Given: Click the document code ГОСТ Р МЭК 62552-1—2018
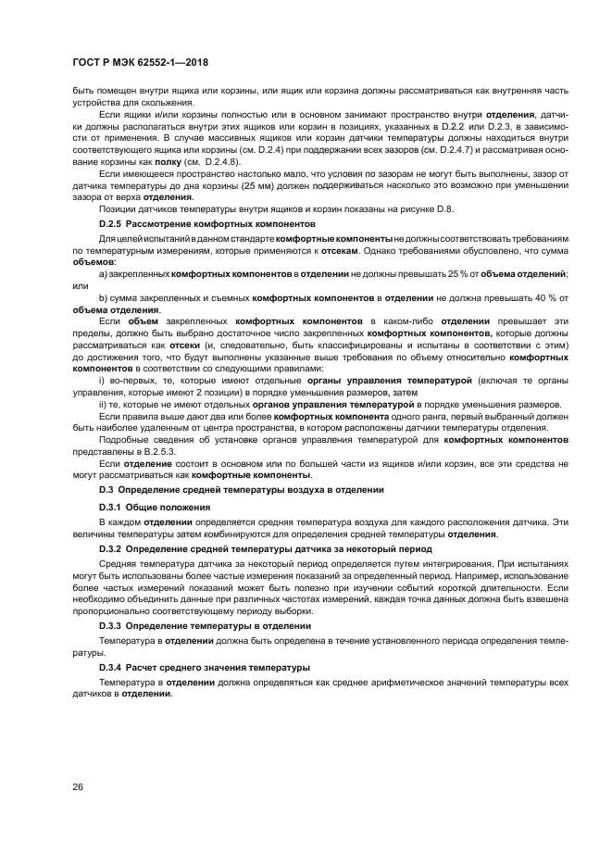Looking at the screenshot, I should pos(139,62).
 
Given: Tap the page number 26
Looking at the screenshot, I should pos(78,787).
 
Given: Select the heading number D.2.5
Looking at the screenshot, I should pos(112,225).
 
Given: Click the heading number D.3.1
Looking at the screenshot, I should pos(111,508).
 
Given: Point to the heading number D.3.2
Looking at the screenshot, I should pos(111,549).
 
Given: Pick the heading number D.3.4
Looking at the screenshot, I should pos(111,668).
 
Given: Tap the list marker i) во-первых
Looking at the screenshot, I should pos(103,380).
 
